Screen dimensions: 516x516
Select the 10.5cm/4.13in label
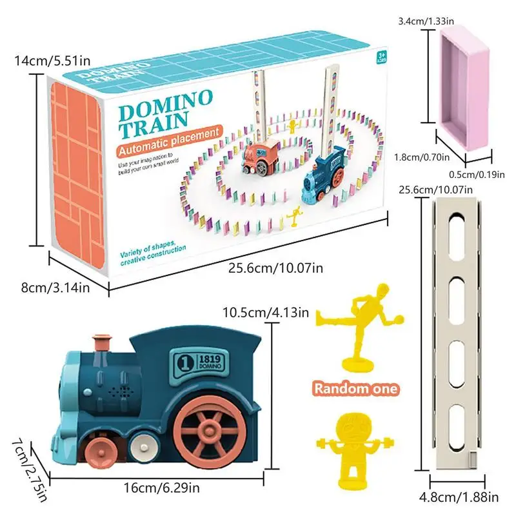click(x=266, y=313)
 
